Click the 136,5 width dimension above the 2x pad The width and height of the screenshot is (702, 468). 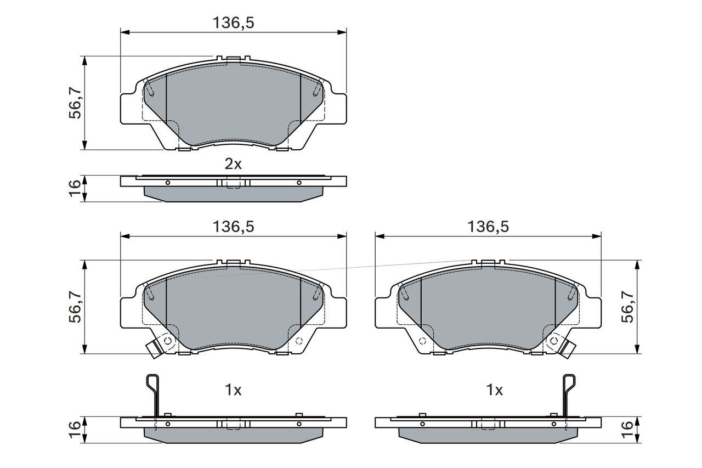coord(233,22)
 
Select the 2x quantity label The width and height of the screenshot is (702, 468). coord(233,163)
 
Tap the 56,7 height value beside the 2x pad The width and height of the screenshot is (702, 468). coord(75,103)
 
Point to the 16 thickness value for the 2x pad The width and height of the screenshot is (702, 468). coord(75,188)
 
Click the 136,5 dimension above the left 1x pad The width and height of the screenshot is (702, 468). coord(233,226)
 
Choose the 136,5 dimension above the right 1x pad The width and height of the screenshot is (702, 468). coord(488,226)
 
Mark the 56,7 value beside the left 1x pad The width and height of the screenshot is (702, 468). coord(75,307)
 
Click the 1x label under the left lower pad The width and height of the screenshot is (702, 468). coord(233,390)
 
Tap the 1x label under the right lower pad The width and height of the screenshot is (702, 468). coord(494,390)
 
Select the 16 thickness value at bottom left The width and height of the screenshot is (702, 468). coord(75,429)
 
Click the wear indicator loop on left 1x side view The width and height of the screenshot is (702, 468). coord(152,384)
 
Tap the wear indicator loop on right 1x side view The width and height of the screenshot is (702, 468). coord(570,384)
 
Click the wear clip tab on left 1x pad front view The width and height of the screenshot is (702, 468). coord(152,349)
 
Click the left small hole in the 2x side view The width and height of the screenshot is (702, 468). coord(168,183)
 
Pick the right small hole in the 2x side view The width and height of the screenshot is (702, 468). coord(299,183)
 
